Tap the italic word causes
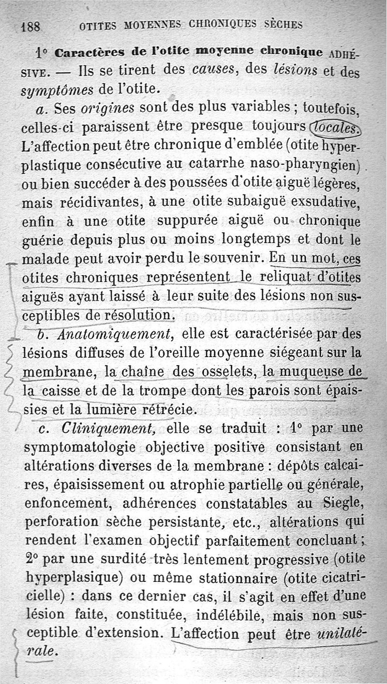(x=214, y=70)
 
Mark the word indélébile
(x=229, y=615)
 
